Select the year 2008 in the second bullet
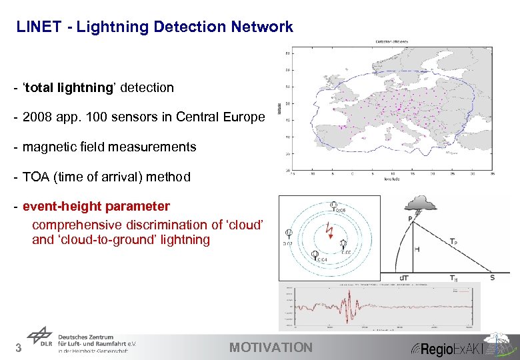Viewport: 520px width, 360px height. click(x=37, y=117)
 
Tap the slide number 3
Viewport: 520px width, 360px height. click(x=19, y=347)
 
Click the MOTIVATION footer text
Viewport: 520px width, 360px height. click(x=270, y=347)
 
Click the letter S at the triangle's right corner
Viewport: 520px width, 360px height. click(x=492, y=277)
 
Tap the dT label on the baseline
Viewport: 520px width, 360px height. click(x=404, y=277)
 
